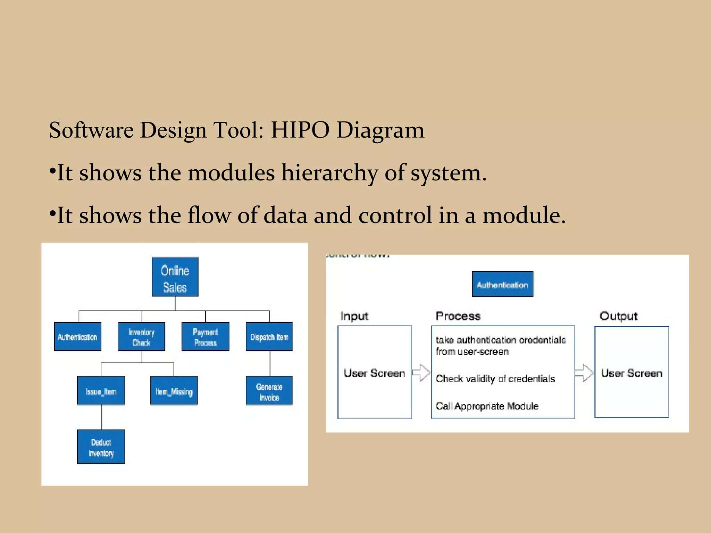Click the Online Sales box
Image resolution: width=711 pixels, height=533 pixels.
pos(175,277)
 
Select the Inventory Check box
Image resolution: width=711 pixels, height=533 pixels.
pos(141,337)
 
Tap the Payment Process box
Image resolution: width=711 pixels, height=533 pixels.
pos(205,337)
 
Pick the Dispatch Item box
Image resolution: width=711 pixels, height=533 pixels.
pos(269,337)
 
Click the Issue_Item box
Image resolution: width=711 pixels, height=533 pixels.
pos(101,391)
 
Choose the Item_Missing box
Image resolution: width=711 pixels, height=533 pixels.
pos(174,391)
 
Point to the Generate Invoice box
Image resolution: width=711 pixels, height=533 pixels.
pos(269,391)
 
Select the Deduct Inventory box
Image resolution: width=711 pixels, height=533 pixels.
pos(101,447)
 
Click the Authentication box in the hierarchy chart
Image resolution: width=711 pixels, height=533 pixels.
pos(77,337)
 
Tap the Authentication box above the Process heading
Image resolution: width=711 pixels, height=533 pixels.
pos(502,284)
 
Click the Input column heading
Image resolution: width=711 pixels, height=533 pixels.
pos(354,316)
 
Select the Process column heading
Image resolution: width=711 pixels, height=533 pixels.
pos(458,316)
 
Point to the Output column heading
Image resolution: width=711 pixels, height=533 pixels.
pos(619,316)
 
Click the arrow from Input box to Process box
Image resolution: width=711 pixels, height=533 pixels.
pos(421,373)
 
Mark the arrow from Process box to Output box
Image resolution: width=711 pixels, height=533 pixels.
pos(584,373)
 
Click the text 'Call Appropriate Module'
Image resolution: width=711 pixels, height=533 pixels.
pos(487,406)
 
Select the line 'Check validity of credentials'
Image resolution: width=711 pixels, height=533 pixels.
pos(495,379)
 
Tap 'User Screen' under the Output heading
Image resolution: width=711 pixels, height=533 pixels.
pos(632,373)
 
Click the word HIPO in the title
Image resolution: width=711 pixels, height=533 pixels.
pos(300,130)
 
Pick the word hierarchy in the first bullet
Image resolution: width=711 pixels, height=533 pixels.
pos(329,172)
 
